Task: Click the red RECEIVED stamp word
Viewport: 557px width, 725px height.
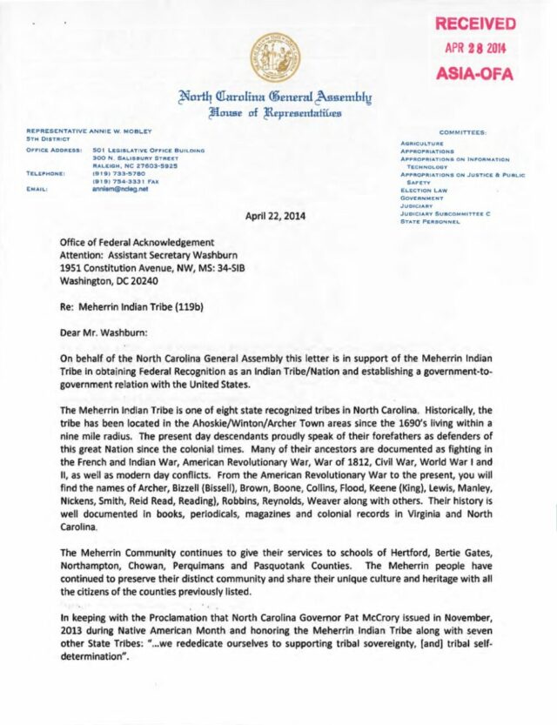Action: (475, 23)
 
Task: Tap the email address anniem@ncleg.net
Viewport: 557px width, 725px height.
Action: (117, 187)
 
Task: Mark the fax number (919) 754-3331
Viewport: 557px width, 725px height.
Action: (124, 180)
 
